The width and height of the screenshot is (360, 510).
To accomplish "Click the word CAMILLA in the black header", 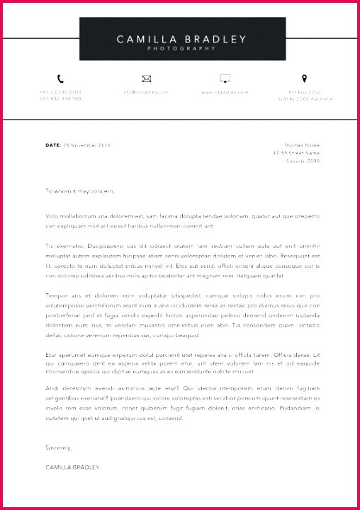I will tap(142, 39).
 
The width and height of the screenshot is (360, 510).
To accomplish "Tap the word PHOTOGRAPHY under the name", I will tap(180, 49).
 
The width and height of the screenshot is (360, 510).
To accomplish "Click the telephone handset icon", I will tap(60, 79).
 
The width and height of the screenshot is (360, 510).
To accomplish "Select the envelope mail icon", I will tap(147, 79).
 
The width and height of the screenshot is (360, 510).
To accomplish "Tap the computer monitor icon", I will tap(225, 79).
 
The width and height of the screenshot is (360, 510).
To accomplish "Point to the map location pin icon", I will tap(305, 78).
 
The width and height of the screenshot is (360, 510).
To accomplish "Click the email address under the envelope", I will tap(147, 92).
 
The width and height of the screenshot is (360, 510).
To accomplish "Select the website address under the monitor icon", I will tap(225, 92).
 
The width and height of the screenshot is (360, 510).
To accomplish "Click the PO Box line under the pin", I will tap(305, 92).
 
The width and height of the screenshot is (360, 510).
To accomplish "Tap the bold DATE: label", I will tap(53, 145).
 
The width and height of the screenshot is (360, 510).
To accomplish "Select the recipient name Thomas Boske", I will tap(301, 145).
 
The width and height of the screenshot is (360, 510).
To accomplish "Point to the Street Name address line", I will tap(296, 153).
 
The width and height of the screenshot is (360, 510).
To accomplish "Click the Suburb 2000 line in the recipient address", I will tap(303, 161).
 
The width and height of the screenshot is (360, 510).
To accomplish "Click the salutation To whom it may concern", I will tap(79, 191).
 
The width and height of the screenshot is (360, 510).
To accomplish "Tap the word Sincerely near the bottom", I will tap(59, 448).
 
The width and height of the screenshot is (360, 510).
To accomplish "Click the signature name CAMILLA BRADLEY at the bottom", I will tap(72, 467).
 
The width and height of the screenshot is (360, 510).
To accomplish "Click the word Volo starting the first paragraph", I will tap(52, 215).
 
